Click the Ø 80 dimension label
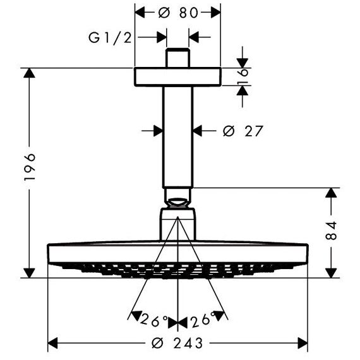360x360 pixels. pos(178,13)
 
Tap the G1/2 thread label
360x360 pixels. pos(110,38)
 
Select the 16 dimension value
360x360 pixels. pos(243,76)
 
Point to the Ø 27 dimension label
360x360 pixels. pos(243,131)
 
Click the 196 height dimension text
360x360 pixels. pos(30,167)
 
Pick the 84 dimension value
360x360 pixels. pos(331,231)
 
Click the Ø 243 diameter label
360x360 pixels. pos(177,343)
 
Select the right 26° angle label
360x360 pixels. pos(203,320)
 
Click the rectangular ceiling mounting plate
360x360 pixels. pos(177,77)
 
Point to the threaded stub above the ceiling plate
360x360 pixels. pos(177,58)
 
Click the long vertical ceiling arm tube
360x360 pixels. pos(178,137)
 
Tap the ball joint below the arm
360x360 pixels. pos(177,202)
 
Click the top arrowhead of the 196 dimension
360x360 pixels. pos(29,73)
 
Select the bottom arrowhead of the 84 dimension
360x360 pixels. pos(331,273)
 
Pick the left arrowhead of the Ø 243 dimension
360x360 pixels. pos(52,343)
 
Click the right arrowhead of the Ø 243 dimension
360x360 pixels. pos(303,343)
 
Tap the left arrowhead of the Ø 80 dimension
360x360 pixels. pos(140,13)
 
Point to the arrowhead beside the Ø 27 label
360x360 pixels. pos(198,131)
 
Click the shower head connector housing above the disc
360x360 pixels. pos(177,224)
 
